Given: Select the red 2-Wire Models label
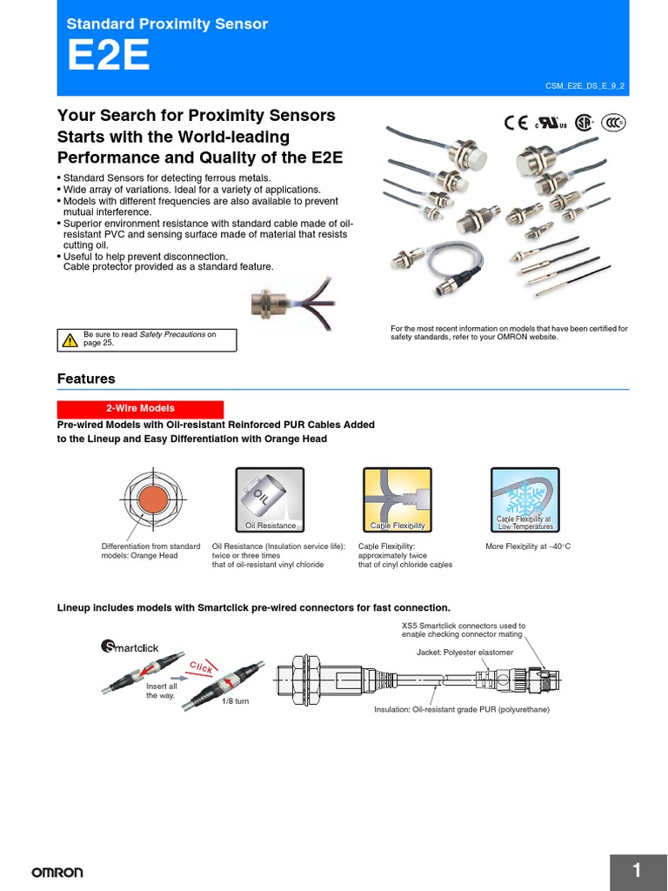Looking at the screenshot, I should (140, 408).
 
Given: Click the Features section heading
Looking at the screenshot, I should (86, 379).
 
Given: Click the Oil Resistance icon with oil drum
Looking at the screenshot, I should (270, 498).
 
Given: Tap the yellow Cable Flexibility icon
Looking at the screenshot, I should (397, 498).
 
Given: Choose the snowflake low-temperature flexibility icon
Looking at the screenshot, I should (524, 498).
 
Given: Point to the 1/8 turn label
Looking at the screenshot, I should (235, 701).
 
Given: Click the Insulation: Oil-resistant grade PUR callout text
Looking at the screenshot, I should (462, 709).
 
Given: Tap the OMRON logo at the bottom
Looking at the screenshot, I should (57, 872).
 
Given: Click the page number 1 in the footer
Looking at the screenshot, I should (637, 870).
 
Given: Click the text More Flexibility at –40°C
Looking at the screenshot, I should (527, 546).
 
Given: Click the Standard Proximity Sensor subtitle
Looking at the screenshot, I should (167, 24).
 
